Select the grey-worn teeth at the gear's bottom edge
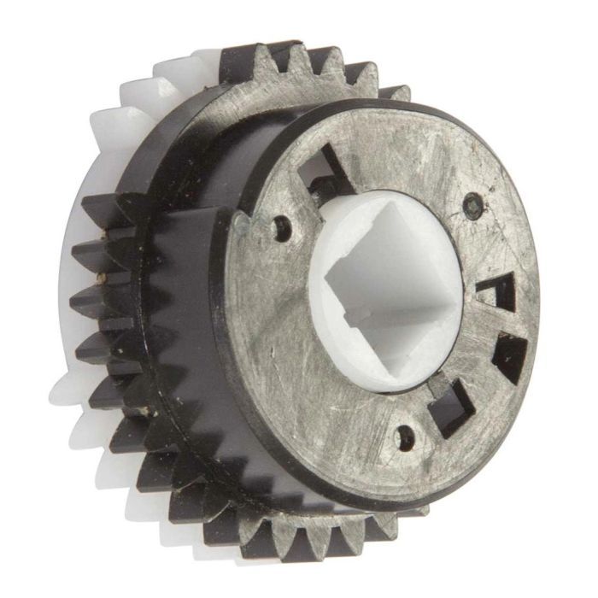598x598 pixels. point(325,534)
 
